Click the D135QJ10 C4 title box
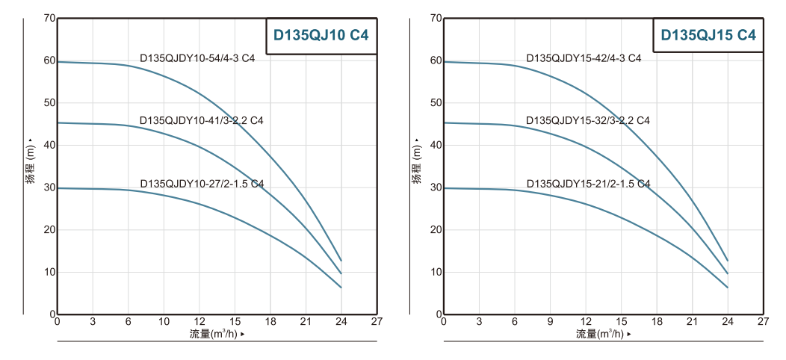coord(321,34)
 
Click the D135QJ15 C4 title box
coord(708,34)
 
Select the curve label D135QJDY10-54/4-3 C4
coord(197,58)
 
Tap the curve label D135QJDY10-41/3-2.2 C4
coord(201,120)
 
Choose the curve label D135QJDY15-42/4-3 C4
coord(584,58)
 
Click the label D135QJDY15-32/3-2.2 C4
coord(587,120)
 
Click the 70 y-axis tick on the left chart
coord(49,18)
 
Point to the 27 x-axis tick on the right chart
coord(762,322)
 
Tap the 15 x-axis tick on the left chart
coord(235,322)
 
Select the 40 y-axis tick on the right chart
coord(436,145)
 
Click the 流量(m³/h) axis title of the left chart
coord(215,334)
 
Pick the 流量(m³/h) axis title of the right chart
coord(601,334)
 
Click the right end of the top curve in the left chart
coord(341,261)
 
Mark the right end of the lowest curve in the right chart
coord(727,288)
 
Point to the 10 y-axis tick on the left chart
coord(49,272)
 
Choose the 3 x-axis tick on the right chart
coord(479,322)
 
